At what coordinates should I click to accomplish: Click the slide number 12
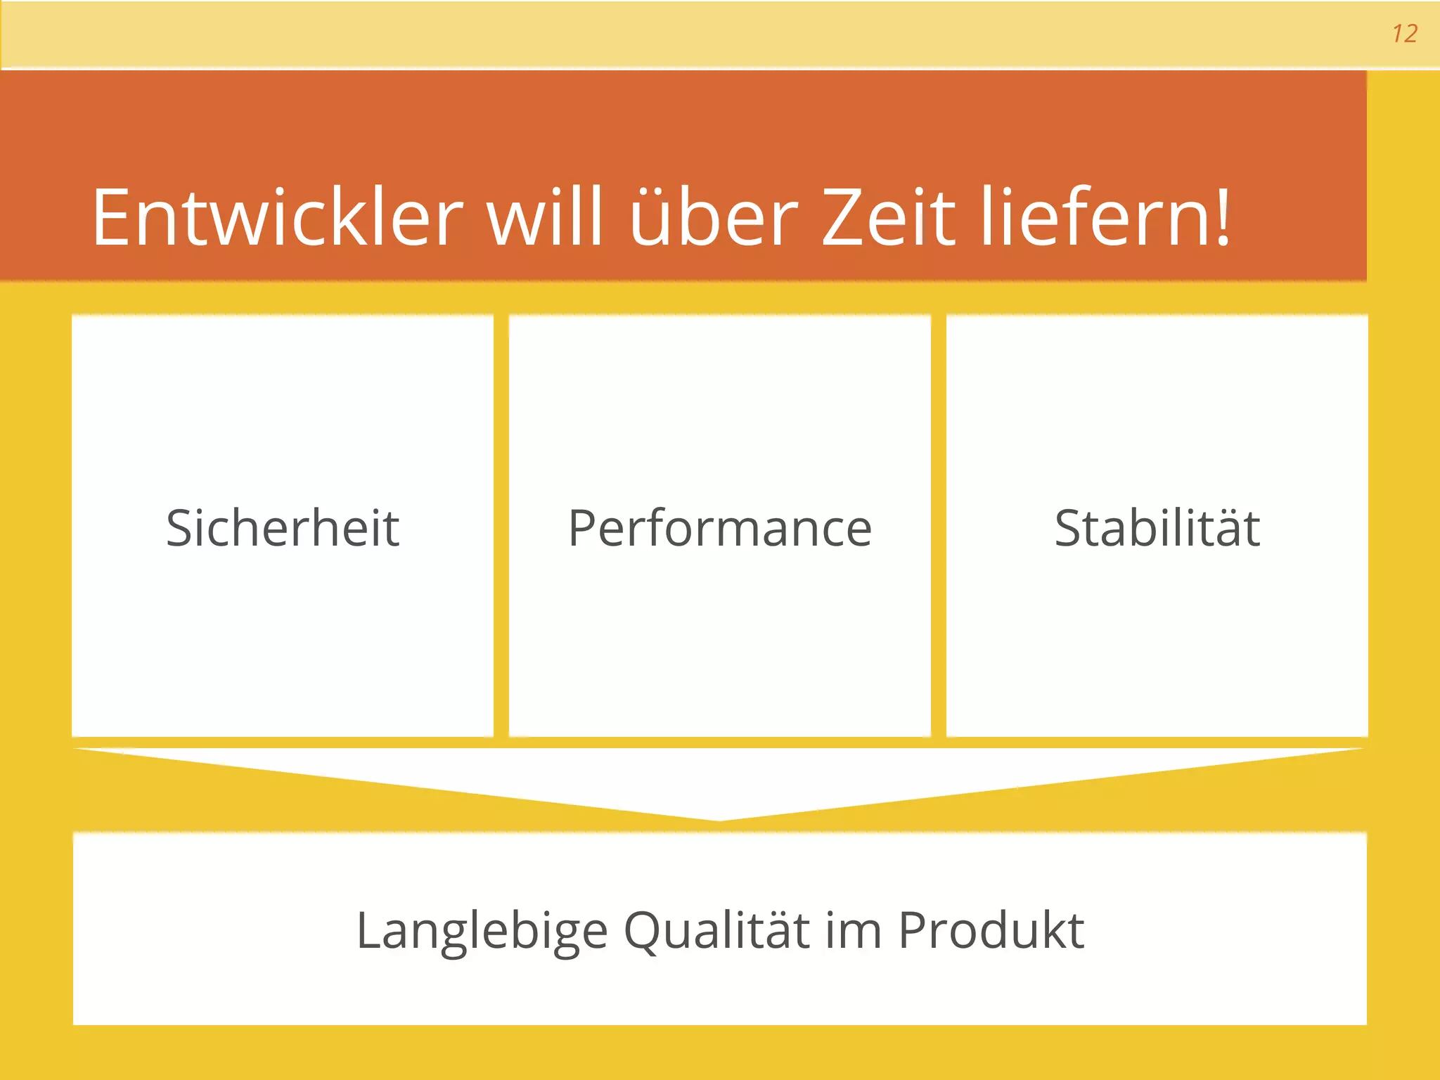(x=1404, y=34)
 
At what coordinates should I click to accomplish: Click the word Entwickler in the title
(x=277, y=217)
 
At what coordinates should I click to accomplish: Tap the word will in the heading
(x=546, y=217)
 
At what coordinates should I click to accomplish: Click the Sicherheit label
(x=283, y=528)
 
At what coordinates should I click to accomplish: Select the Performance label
(x=720, y=528)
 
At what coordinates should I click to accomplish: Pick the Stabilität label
(x=1157, y=528)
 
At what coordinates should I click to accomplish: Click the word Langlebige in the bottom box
(x=482, y=931)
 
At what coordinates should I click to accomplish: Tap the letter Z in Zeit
(x=842, y=217)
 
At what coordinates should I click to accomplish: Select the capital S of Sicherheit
(x=180, y=528)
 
